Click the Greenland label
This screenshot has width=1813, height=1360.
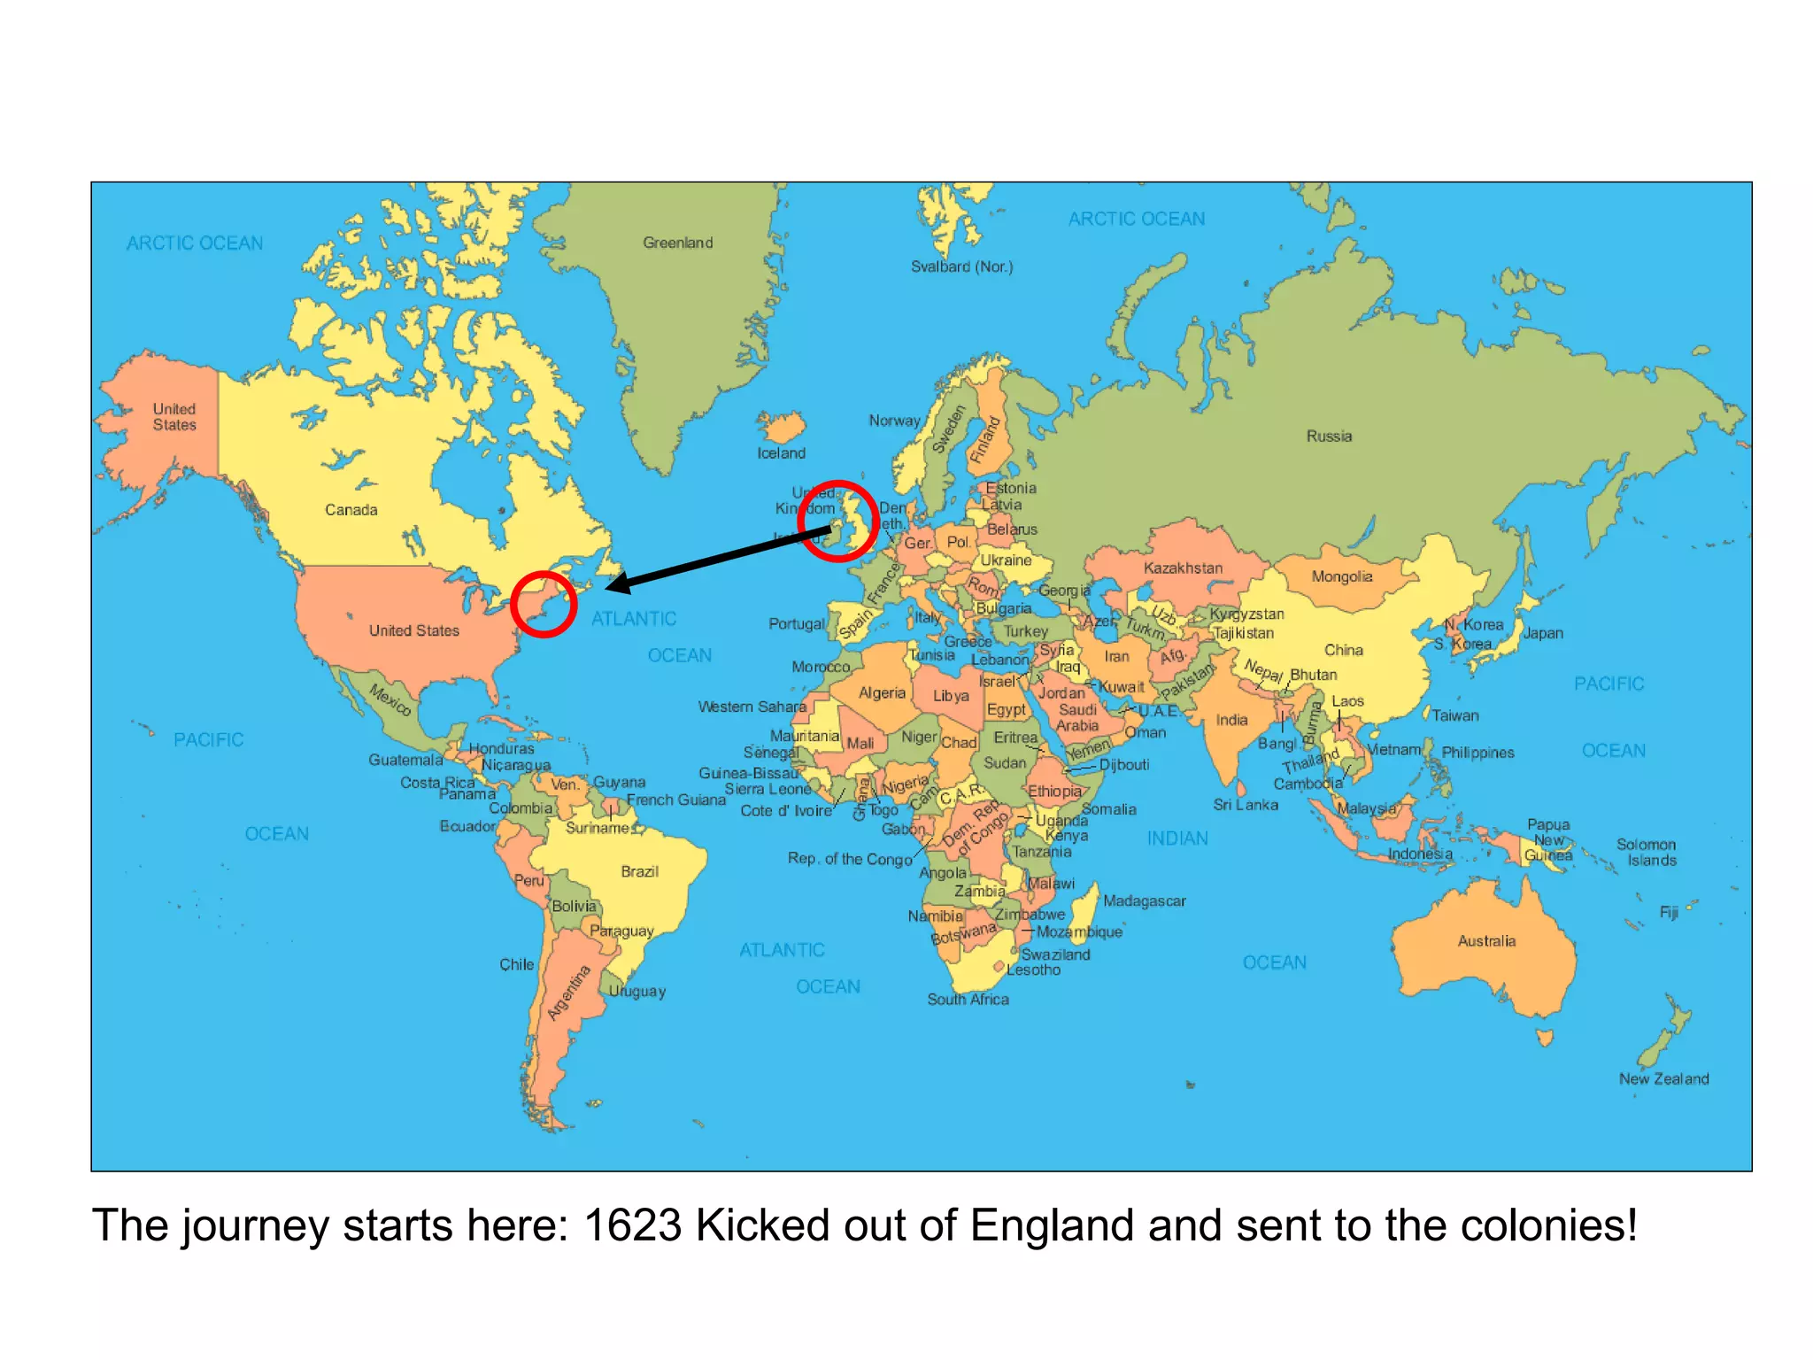coord(677,243)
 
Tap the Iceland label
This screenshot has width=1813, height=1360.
coord(781,453)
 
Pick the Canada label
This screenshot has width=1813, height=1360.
coord(351,510)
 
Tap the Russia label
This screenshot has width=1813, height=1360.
coord(1329,436)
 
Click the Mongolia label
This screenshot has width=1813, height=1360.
coord(1341,576)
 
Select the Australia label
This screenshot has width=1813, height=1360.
coord(1486,940)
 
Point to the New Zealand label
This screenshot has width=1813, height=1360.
coord(1663,1078)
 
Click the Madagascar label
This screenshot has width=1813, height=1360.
coord(1144,900)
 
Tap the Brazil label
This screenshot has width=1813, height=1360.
coord(639,871)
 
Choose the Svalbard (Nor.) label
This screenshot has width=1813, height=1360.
coord(961,267)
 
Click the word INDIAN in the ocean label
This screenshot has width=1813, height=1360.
coord(1177,838)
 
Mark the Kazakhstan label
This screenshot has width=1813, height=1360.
coord(1183,568)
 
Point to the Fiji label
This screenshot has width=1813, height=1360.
coord(1669,912)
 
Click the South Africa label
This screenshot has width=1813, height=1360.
coord(968,999)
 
